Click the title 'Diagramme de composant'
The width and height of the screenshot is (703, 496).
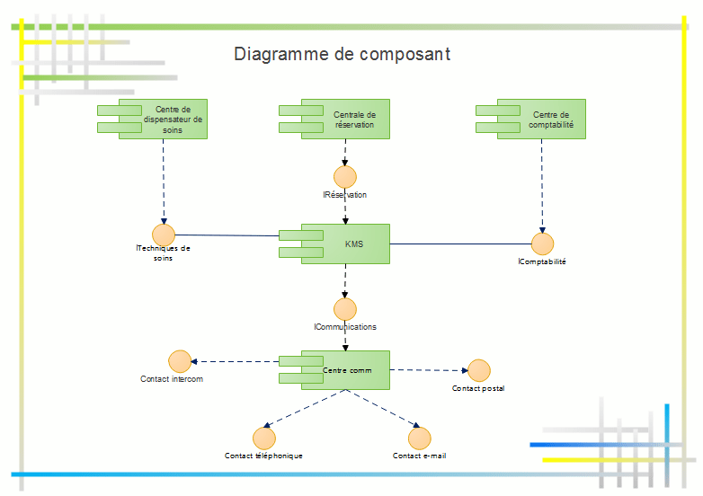[342, 54]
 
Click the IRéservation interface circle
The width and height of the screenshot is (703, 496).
[344, 176]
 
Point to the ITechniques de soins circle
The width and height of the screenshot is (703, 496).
[163, 235]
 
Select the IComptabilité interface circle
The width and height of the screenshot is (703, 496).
[542, 244]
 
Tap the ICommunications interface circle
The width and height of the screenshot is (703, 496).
[344, 309]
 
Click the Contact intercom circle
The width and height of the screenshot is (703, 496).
[179, 361]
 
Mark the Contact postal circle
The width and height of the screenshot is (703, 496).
[479, 370]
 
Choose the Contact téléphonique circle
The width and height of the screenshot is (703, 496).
[263, 438]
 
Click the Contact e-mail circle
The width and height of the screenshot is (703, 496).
[419, 438]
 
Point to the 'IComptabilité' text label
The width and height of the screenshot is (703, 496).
[542, 262]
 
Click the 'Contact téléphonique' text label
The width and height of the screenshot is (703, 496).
[263, 456]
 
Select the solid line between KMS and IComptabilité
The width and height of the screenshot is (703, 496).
[458, 244]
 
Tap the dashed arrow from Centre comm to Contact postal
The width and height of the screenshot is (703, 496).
[427, 370]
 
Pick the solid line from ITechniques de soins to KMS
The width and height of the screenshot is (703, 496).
[225, 235]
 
